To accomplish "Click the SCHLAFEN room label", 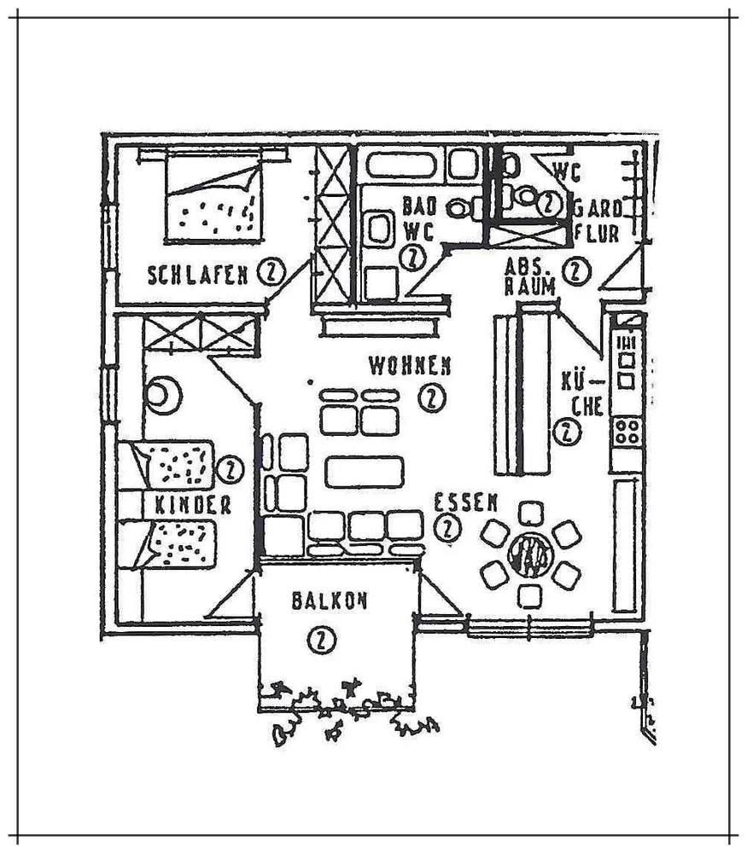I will (198, 275).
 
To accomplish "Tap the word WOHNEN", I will (410, 366).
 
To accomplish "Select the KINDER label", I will (193, 505).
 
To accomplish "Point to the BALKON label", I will (330, 601).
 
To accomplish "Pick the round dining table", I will (530, 555).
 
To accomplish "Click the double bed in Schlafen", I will (213, 198).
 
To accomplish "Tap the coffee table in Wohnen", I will (364, 471).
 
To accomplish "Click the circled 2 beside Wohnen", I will (433, 397).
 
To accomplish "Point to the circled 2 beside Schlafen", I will (271, 273).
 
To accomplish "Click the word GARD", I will (598, 208).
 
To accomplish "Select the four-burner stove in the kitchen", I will (627, 430).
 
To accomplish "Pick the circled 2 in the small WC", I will (550, 203).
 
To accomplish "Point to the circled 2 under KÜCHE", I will (566, 432).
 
